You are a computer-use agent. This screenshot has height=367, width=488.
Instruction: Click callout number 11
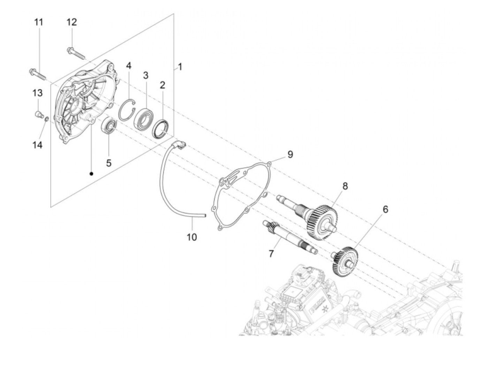click(x=39, y=22)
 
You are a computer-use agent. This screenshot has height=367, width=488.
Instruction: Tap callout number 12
click(x=71, y=22)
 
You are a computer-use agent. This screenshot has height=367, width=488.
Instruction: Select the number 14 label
click(x=37, y=144)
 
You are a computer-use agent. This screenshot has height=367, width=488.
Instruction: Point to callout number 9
click(x=290, y=154)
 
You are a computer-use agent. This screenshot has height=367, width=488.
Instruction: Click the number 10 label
click(x=192, y=237)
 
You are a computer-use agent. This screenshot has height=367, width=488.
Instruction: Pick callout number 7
click(x=271, y=253)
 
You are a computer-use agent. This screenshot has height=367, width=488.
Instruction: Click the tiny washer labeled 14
click(x=46, y=120)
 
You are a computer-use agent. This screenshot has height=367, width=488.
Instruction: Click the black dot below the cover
click(x=92, y=173)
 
